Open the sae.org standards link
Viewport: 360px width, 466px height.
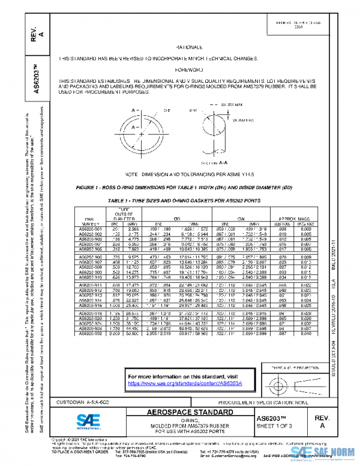pos(179,382)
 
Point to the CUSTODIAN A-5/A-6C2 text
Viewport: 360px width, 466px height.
pos(83,401)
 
